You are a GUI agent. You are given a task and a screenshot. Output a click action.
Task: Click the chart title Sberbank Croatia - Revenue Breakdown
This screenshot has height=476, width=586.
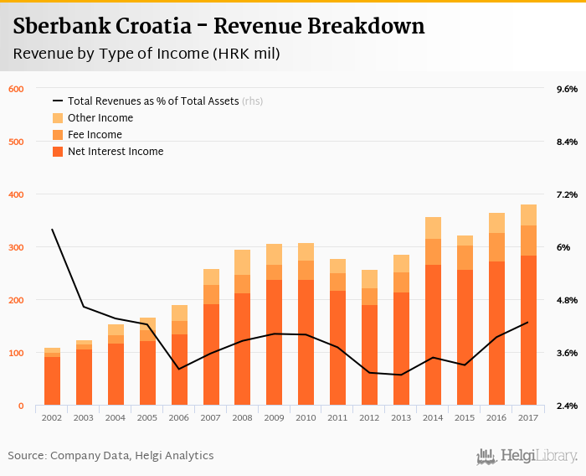coord(218,27)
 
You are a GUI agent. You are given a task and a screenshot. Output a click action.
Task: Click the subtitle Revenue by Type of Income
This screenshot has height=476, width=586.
coord(146,54)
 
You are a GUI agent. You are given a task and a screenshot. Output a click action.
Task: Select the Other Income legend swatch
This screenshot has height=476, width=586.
coord(58,118)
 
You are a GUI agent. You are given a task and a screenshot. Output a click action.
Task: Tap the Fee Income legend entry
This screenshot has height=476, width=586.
coord(95,135)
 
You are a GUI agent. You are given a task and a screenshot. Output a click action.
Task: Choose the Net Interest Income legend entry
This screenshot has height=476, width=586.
coord(115,152)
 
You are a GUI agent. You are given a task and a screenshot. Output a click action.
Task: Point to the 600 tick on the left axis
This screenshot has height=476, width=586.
coord(16,89)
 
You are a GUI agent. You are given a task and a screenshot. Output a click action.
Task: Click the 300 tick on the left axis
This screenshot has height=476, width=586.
coord(16,247)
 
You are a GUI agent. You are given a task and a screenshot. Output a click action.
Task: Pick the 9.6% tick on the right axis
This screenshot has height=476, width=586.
coord(567,89)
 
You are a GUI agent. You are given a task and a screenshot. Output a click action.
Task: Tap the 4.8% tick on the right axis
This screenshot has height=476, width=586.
coord(567,300)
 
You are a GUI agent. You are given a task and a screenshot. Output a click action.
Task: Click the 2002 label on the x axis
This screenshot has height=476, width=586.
coord(52,416)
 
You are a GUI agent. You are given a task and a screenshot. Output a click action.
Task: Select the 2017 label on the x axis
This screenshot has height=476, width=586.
coord(528,416)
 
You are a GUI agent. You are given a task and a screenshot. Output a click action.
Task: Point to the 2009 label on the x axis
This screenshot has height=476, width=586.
coord(275,416)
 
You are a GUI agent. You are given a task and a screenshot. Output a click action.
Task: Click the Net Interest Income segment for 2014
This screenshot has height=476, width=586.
coord(433,335)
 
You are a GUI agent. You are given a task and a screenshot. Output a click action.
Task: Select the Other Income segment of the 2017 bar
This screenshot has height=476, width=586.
coord(528,215)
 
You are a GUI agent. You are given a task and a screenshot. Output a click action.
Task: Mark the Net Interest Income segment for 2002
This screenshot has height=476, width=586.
coord(52,381)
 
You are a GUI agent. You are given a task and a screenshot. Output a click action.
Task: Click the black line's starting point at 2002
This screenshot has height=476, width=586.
coord(52,230)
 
